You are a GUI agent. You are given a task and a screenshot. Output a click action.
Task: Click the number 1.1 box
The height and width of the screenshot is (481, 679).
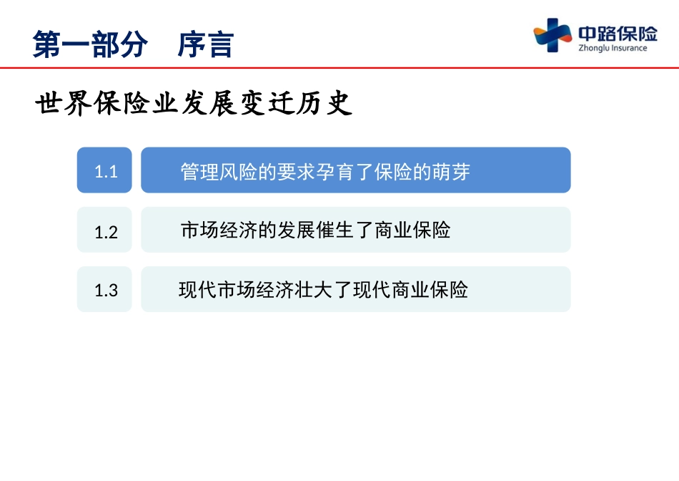click(x=104, y=170)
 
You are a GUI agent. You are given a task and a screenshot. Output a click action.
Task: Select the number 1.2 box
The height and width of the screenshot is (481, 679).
click(x=104, y=230)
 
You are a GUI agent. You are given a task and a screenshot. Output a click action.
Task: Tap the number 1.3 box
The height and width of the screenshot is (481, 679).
click(x=104, y=289)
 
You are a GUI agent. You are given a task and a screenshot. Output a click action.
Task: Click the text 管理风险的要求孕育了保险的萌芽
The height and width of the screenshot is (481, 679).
click(x=325, y=172)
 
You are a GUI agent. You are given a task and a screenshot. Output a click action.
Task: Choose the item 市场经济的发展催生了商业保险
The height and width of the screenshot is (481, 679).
click(x=316, y=230)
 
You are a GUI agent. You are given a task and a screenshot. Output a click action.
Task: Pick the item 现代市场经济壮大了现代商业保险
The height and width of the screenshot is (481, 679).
click(x=323, y=289)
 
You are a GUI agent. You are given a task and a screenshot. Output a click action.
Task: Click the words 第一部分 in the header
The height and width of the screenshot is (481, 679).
click(x=90, y=44)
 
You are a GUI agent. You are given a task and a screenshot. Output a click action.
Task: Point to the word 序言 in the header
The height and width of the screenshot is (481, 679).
click(x=206, y=44)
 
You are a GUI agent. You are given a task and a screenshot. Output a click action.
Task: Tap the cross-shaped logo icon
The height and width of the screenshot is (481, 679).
click(x=552, y=35)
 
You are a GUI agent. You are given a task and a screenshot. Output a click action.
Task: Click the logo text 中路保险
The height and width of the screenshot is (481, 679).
click(x=618, y=33)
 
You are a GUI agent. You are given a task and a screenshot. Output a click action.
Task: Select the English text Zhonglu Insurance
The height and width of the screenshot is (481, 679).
click(x=613, y=48)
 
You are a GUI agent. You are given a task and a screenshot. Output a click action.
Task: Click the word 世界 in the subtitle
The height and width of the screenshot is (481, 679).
click(x=63, y=103)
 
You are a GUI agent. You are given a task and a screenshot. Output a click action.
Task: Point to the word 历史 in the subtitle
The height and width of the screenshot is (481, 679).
click(x=324, y=103)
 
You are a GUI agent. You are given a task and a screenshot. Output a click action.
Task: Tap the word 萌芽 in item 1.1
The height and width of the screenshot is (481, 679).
click(x=451, y=172)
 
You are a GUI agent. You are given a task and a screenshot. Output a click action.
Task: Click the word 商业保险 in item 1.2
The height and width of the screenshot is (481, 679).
click(x=412, y=230)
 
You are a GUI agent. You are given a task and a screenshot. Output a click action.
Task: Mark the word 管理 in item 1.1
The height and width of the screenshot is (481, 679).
click(x=199, y=172)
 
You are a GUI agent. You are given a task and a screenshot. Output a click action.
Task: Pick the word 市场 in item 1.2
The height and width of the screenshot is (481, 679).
click(x=199, y=230)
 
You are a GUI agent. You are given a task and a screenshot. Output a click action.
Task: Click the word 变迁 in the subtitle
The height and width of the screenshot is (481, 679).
click(x=267, y=103)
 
